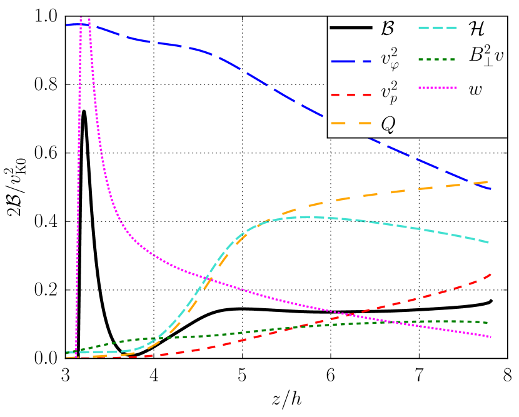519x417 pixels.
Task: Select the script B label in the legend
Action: (388, 28)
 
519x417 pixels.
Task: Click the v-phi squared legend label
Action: (391, 60)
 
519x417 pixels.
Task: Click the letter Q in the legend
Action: (388, 124)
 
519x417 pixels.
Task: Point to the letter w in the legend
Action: (476, 90)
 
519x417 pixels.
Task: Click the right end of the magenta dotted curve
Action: (491, 337)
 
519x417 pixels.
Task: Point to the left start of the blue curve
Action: (66, 25)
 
